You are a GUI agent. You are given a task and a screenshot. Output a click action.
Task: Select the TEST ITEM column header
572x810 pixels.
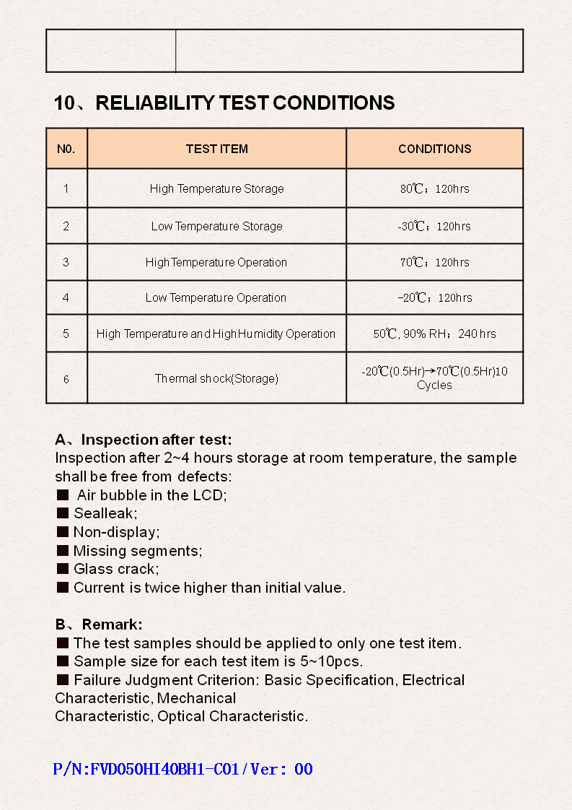tap(216, 149)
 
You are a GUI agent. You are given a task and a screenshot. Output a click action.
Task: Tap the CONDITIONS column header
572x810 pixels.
tap(434, 149)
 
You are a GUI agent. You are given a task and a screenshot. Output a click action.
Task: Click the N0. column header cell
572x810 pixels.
tap(66, 149)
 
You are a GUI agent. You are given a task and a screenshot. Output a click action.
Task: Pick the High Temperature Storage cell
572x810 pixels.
tap(216, 189)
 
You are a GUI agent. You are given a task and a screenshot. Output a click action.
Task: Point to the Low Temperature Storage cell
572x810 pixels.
tap(216, 227)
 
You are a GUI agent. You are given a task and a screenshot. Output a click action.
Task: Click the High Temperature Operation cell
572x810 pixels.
tap(216, 263)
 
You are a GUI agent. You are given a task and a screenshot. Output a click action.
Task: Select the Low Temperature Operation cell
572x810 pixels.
tap(216, 298)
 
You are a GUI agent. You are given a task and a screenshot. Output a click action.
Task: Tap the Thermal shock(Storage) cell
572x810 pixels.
tap(216, 378)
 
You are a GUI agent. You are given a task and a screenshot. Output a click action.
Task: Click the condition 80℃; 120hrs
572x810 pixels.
tap(434, 189)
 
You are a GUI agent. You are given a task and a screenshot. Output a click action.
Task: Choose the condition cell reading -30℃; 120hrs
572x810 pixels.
tap(434, 227)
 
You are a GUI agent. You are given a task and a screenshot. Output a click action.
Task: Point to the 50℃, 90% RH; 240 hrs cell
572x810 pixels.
tap(434, 334)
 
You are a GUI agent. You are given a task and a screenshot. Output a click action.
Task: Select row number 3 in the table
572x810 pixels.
tap(66, 263)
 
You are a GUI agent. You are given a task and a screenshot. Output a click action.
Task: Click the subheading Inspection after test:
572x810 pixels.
tap(144, 440)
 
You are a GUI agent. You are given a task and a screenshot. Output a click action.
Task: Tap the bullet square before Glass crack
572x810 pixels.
tap(63, 569)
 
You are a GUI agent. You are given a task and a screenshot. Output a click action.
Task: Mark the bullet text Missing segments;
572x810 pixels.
tap(138, 551)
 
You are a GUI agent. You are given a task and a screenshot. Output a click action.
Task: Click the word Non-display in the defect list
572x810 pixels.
tap(114, 532)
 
